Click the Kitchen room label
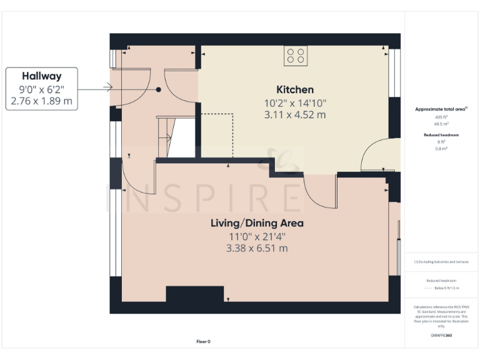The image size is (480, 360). coord(295,89)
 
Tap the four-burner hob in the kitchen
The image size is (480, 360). coord(295,56)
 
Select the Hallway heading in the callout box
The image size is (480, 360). coord(42,76)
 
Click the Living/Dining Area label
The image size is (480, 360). coord(257,223)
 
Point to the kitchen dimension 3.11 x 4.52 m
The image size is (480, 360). coord(295,115)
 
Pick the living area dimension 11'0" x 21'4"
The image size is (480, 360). coord(257,236)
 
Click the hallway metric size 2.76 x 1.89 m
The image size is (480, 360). coord(42,101)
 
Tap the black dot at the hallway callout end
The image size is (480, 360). coord(159,90)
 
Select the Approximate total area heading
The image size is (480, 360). coord(441,109)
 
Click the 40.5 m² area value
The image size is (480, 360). coord(441,123)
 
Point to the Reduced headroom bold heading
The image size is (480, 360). coord(441,135)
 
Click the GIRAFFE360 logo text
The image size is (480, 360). coord(441,336)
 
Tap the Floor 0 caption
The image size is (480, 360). coord(204,341)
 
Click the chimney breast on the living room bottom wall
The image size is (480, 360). coord(194,294)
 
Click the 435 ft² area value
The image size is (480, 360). coord(441,117)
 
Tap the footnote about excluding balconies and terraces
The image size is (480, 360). coord(441,262)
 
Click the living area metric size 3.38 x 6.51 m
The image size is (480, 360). coord(257,248)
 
